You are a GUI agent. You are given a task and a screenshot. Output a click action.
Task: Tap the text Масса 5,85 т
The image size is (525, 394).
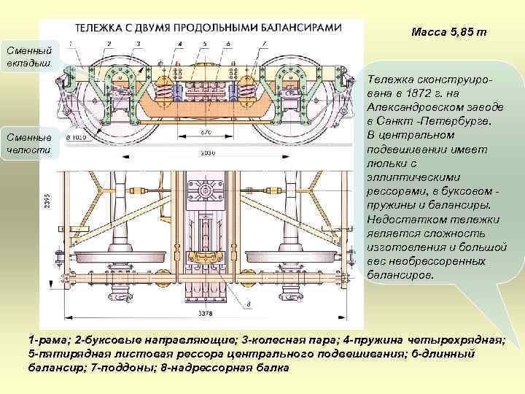click(448, 33)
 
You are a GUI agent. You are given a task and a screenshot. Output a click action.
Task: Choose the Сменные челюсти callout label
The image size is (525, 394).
click(28, 143)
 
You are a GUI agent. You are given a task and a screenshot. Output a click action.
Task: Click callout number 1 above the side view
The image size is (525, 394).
click(86, 44)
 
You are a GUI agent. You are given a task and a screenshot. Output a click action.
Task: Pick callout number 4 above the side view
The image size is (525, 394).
click(180, 44)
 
